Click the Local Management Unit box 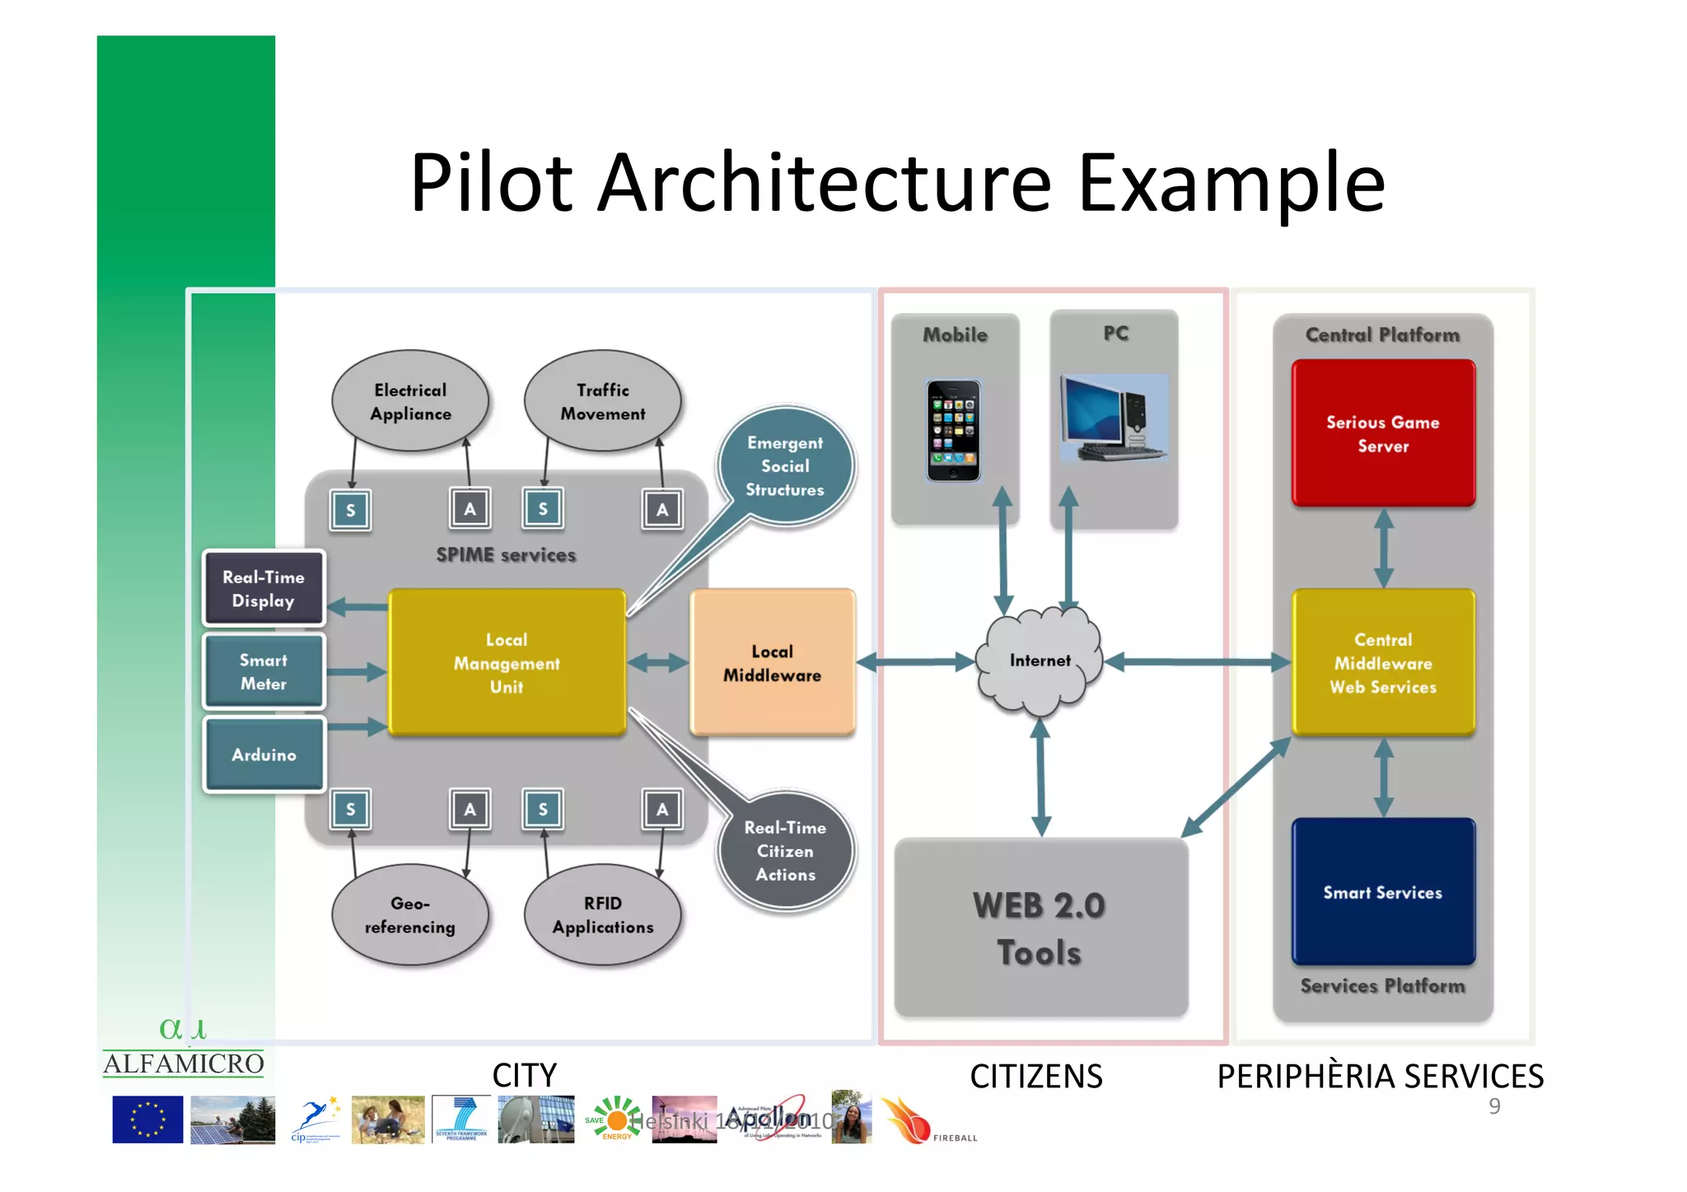pos(507,662)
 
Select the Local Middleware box pos(772,662)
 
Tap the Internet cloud pos(1040,661)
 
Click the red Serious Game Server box pos(1382,433)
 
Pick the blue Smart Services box pos(1382,891)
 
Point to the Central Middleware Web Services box pos(1382,662)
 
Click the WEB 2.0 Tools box pos(1040,928)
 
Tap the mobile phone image pos(953,430)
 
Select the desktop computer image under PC pos(1113,418)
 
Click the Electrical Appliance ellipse pos(410,401)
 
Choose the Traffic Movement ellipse pos(602,401)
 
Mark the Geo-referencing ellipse pos(410,914)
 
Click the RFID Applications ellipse pos(602,914)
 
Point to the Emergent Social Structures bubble pos(785,466)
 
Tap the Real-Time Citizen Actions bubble pos(785,851)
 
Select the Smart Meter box pos(264,671)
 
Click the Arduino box pos(264,754)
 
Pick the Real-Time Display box pos(264,588)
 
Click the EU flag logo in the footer pos(147,1119)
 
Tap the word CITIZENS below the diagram pos(1035,1076)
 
